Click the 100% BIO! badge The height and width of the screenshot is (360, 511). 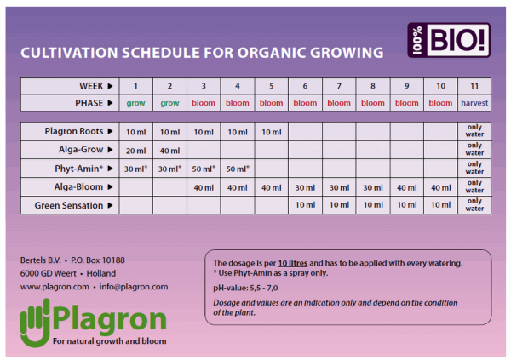click(449, 40)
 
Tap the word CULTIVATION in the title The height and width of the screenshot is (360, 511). click(69, 53)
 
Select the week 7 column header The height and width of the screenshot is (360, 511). click(339, 86)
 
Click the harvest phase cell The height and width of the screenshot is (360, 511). click(474, 103)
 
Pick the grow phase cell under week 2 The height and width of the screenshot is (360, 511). click(169, 103)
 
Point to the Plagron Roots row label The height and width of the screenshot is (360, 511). click(74, 131)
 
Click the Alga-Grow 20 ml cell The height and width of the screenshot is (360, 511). click(136, 150)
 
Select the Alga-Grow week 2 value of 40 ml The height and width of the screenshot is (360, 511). click(169, 151)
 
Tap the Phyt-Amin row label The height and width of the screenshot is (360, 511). click(79, 169)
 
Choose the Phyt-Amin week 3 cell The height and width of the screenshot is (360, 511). click(204, 169)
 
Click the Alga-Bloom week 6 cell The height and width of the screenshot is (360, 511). click(306, 187)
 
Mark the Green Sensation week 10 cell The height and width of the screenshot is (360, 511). click(441, 205)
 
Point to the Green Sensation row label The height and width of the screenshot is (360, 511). click(69, 206)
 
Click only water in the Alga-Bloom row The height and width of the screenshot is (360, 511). click(474, 186)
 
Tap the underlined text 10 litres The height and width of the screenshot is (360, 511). click(293, 263)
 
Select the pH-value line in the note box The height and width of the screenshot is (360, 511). click(245, 288)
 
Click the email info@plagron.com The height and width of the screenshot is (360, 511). click(134, 287)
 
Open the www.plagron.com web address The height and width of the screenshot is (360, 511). click(55, 287)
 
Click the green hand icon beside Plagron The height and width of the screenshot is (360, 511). click(35, 323)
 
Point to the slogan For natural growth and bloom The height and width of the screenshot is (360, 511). click(110, 341)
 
